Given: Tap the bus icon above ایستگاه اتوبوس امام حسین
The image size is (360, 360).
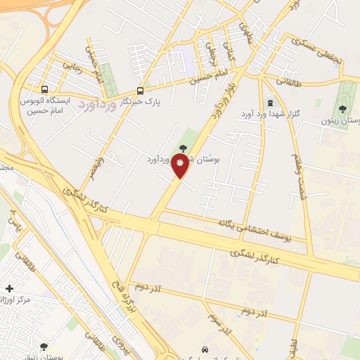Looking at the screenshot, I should [45, 90].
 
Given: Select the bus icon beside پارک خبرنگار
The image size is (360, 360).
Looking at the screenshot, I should [140, 91].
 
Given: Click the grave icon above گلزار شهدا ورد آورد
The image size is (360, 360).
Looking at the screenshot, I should [271, 103].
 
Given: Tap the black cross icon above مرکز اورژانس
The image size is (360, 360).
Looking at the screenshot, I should [9, 288].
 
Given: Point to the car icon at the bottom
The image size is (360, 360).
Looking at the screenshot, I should [204, 349].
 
